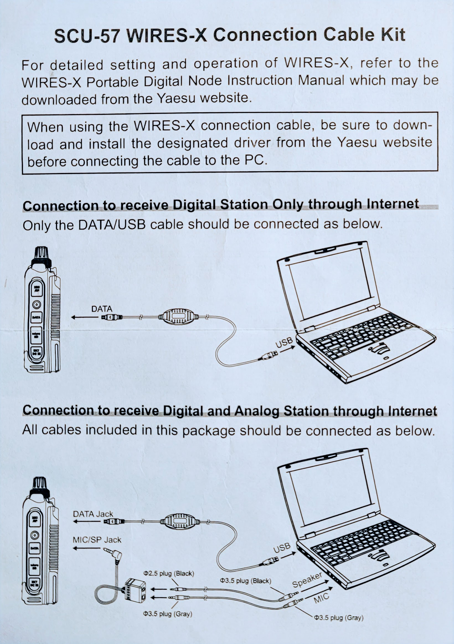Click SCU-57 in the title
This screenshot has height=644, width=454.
[87, 36]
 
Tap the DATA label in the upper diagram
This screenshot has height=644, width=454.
[102, 309]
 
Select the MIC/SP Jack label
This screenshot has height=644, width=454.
[97, 540]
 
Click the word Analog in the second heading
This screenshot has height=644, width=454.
[257, 411]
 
